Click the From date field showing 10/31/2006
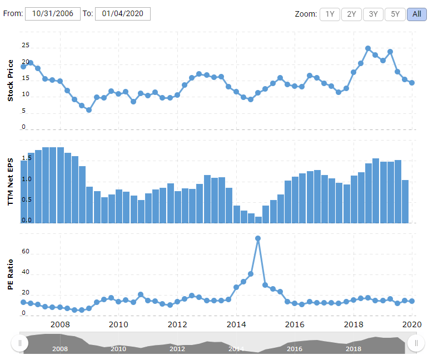tap(52, 14)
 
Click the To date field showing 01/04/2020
tap(122, 14)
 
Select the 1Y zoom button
tap(330, 14)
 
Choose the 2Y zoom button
tap(351, 14)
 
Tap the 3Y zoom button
tap(373, 14)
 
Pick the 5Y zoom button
tap(395, 14)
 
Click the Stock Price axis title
tap(10, 81)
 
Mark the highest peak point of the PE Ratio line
tap(258, 238)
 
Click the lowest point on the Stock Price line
tap(88, 110)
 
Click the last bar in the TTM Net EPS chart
tap(405, 202)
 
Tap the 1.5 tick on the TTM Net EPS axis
tap(26, 158)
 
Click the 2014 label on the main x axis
tap(236, 325)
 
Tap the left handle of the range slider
tap(20, 343)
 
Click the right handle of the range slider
tap(415, 343)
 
